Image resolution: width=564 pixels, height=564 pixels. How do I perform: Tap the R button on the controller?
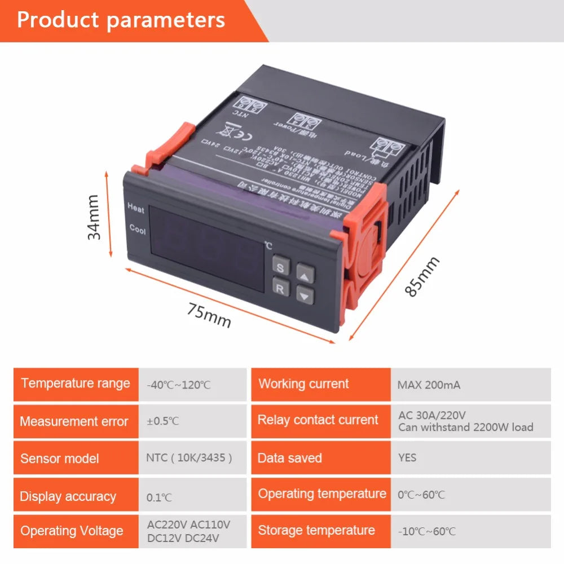[x=280, y=289]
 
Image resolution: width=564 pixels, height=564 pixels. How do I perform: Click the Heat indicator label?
[x=136, y=209]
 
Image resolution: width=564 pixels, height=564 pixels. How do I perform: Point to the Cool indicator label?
[x=137, y=230]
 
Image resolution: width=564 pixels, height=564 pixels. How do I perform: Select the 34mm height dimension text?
[x=94, y=217]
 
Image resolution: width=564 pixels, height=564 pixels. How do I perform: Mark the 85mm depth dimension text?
[x=422, y=277]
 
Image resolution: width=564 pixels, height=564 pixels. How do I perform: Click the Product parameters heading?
[x=121, y=20]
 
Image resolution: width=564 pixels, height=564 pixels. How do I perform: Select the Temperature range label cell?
[x=76, y=384]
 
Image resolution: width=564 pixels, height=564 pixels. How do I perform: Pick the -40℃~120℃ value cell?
[x=179, y=385]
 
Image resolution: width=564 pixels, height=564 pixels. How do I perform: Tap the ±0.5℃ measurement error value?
[x=163, y=421]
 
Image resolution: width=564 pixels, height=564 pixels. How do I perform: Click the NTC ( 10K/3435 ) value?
[x=189, y=457]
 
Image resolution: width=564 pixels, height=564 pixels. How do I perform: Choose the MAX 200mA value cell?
[x=429, y=385]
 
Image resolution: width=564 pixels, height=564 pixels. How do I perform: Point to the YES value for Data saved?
[x=407, y=457]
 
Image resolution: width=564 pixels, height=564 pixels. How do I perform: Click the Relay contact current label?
[x=318, y=420]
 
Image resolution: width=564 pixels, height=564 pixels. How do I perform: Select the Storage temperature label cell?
[x=316, y=530]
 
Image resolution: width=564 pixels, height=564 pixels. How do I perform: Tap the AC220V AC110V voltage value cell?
[x=188, y=531]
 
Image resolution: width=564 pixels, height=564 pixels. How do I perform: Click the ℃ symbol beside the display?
[x=268, y=246]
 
